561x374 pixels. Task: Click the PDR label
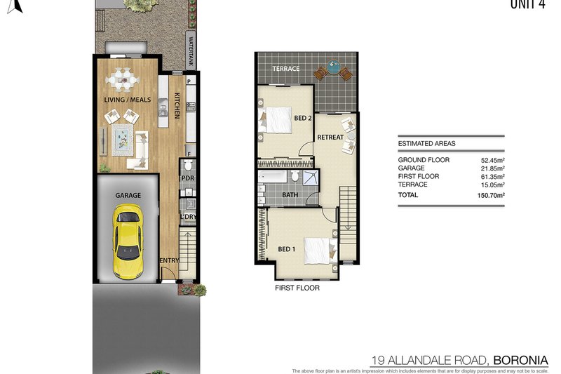point(187,178)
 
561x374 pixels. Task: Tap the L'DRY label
point(187,217)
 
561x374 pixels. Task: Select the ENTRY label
point(169,261)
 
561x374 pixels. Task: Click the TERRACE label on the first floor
point(286,69)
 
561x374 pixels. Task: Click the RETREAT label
point(330,137)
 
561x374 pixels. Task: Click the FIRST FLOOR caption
point(297,288)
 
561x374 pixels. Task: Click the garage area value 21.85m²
point(491,168)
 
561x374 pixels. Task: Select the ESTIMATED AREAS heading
point(426,143)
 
